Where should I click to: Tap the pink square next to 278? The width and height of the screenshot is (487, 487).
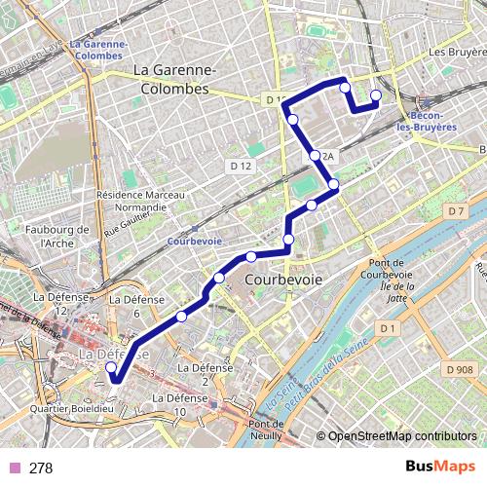pyautogui.click(x=15, y=468)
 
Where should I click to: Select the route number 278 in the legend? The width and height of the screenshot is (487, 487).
pyautogui.click(x=41, y=468)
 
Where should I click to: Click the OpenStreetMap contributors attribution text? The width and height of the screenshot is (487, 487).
pyautogui.click(x=401, y=435)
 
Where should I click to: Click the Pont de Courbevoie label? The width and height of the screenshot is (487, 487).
pyautogui.click(x=393, y=268)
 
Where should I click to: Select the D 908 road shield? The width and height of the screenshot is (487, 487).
pyautogui.click(x=460, y=368)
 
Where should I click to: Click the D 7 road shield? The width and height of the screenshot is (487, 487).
pyautogui.click(x=455, y=210)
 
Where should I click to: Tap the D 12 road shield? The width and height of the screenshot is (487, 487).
pyautogui.click(x=241, y=167)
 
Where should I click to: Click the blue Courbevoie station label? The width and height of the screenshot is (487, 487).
pyautogui.click(x=195, y=241)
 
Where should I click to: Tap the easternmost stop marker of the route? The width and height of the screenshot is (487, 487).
pyautogui.click(x=376, y=95)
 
